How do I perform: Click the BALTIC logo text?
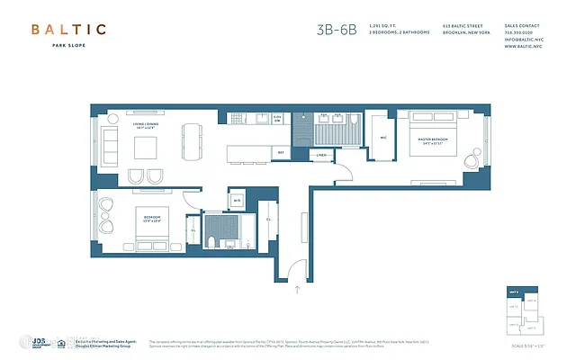point(69,30)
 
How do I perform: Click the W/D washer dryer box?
point(236,199)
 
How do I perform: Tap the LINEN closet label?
point(320,156)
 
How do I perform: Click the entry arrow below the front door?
point(297,290)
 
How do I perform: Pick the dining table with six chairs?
point(191,139)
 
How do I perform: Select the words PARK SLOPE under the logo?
point(69,50)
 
